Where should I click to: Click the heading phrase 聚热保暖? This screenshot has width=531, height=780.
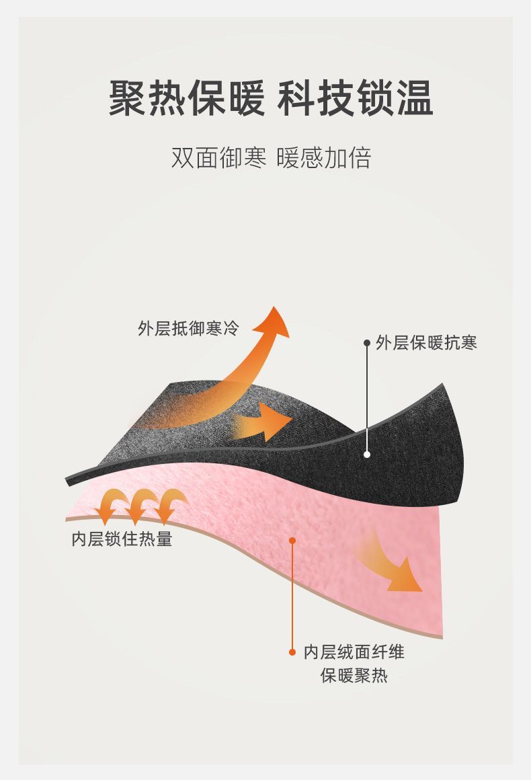[x=186, y=97]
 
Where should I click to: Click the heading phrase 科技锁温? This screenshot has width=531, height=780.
[x=355, y=97]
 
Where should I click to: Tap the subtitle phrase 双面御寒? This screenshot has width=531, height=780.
[x=219, y=158]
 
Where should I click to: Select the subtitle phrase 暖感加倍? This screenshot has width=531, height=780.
[x=324, y=158]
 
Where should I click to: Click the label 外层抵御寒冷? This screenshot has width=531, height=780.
[x=188, y=328]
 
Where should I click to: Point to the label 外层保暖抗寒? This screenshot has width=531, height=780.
[x=426, y=343]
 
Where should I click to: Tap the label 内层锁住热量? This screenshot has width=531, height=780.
[x=122, y=539]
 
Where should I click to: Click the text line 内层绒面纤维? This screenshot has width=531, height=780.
[x=354, y=652]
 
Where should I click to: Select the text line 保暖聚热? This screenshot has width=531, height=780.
[x=354, y=676]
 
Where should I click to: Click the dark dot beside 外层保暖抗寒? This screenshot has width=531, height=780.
[x=367, y=343]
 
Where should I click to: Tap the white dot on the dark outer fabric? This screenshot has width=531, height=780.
[x=367, y=454]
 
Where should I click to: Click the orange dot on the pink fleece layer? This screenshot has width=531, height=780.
[x=292, y=541]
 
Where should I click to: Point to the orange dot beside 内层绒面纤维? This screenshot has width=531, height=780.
[x=292, y=652]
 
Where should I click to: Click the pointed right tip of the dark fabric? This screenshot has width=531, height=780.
[x=442, y=384]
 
